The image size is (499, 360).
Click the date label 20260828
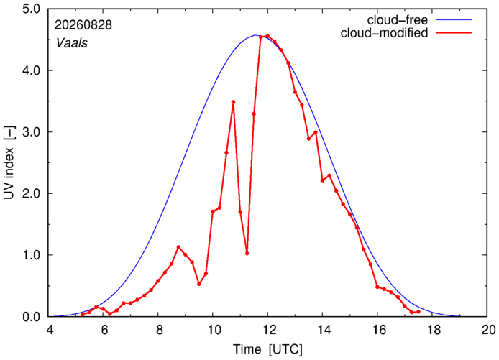[83, 25]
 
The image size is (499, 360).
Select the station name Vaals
[72, 43]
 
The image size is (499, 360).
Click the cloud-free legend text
[398, 20]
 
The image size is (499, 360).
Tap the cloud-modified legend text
[384, 33]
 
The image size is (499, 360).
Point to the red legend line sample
[454, 33]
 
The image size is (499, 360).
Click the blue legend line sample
[454, 19]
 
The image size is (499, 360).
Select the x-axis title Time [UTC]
[267, 349]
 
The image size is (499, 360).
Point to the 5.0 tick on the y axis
[32, 9]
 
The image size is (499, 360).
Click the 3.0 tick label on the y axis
[32, 132]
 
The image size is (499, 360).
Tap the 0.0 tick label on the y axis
[32, 317]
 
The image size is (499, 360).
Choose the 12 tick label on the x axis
[267, 330]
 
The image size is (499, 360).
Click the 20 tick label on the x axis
[487, 330]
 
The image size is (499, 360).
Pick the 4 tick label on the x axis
[50, 330]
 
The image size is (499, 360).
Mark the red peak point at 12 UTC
[267, 36]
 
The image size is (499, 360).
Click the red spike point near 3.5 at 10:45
[233, 102]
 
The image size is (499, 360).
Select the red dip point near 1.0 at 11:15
[247, 254]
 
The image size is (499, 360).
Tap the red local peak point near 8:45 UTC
[178, 247]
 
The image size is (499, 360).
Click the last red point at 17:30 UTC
[418, 312]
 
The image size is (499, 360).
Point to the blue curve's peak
[255, 35]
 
